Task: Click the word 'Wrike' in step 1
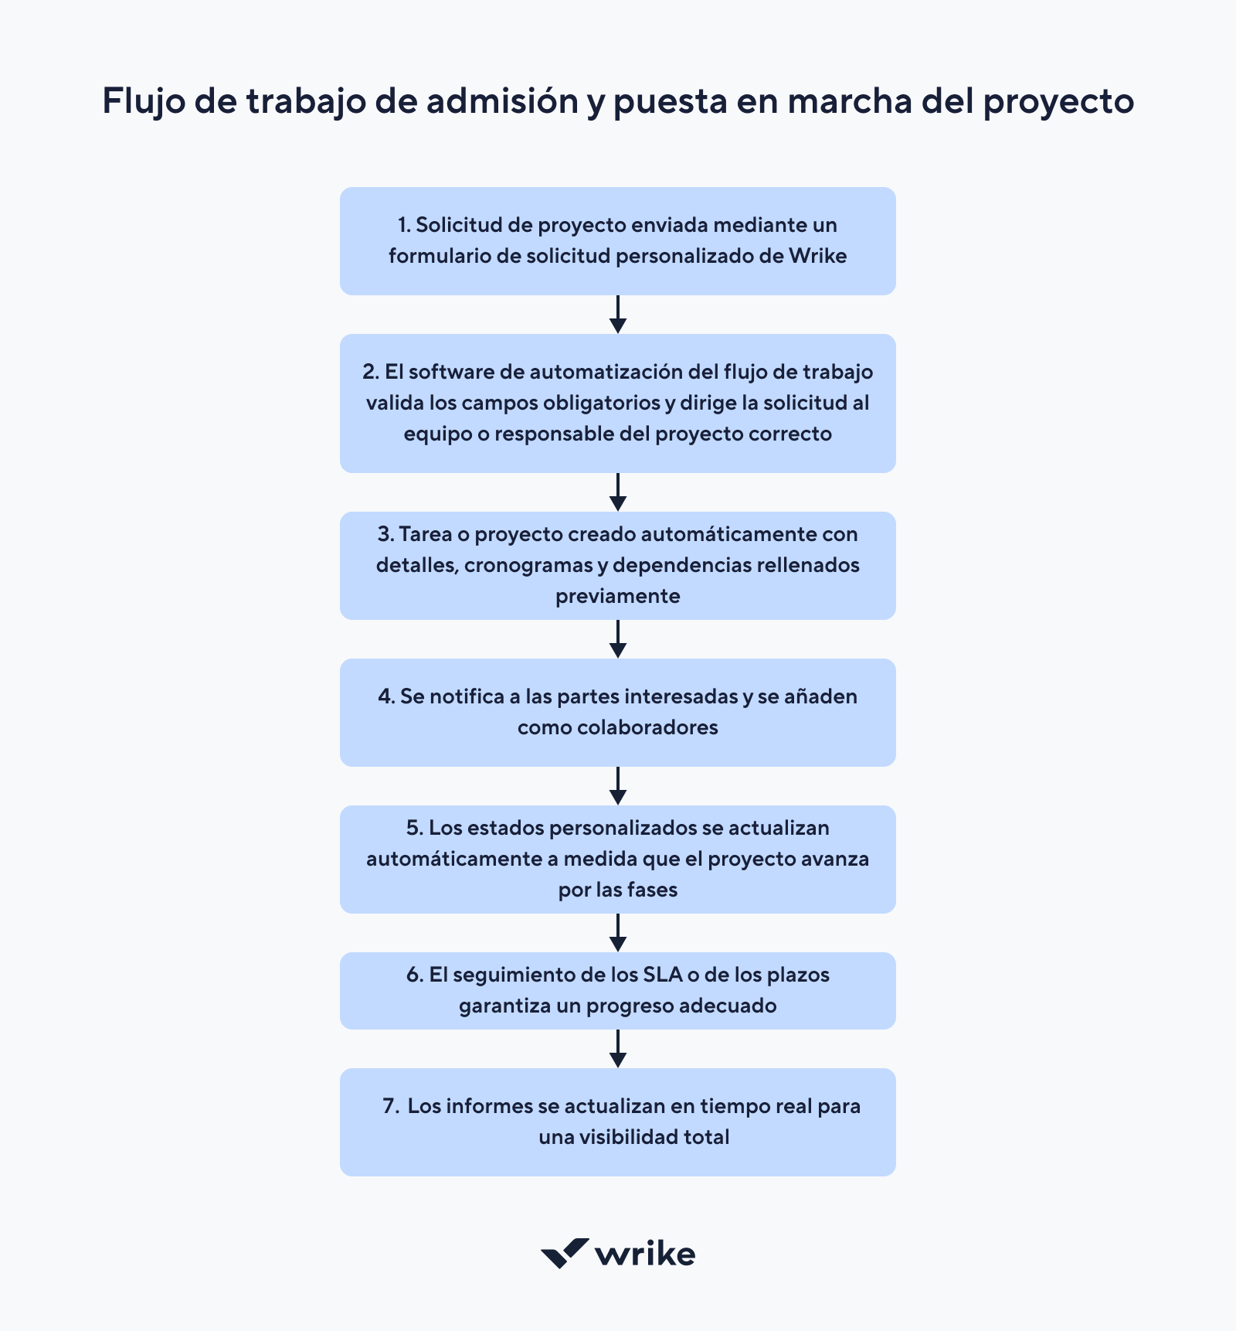(x=818, y=256)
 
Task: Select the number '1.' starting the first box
(x=404, y=225)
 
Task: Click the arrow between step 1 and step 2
(x=617, y=315)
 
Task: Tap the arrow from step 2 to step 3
(x=617, y=492)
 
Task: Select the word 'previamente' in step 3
(x=617, y=596)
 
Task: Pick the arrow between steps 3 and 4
(x=617, y=639)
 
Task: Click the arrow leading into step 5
(x=617, y=786)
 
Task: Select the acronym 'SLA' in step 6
(x=663, y=975)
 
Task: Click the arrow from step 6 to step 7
(x=617, y=1049)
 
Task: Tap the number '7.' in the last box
(x=391, y=1106)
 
